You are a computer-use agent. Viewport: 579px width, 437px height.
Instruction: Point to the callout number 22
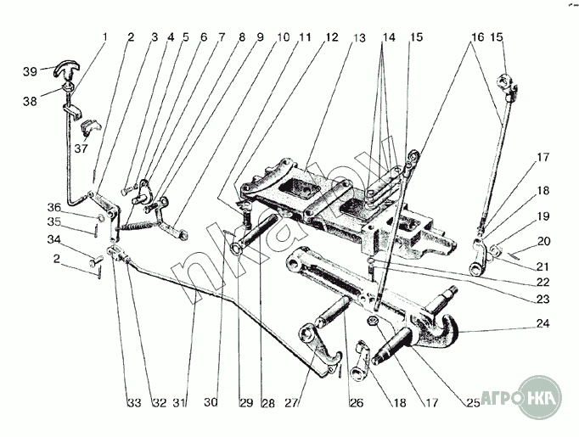[x=541, y=282]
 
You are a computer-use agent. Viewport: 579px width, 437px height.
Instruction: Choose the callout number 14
[x=389, y=38]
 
